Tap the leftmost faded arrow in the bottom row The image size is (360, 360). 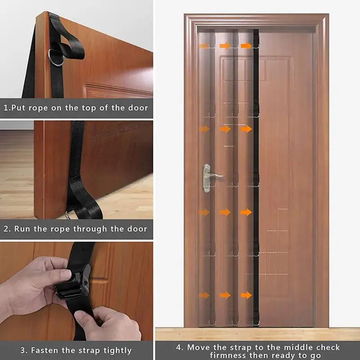204,295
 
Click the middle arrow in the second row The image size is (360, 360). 225,129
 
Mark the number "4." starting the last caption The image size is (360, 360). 179,347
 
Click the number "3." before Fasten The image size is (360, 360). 23,350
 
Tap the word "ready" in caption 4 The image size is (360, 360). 270,355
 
